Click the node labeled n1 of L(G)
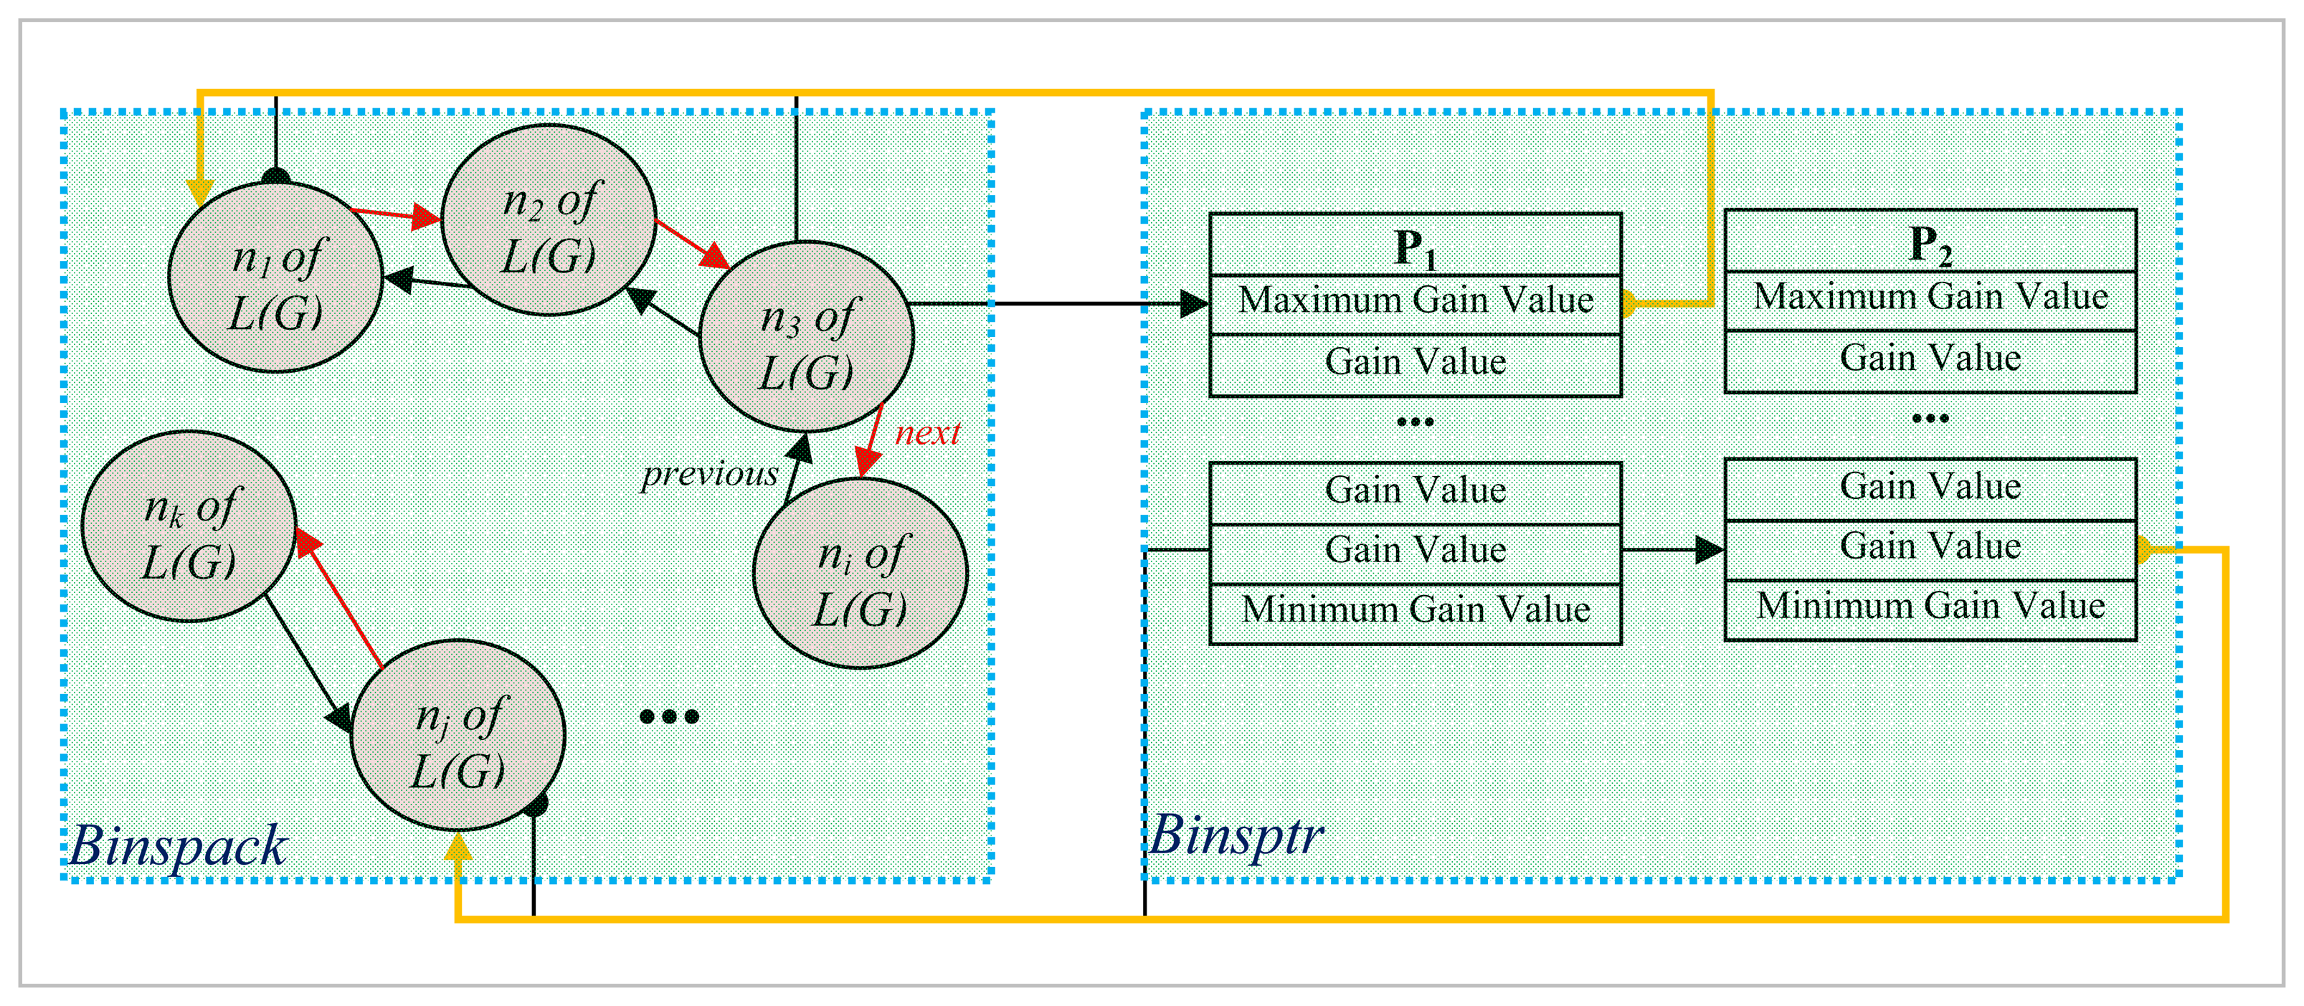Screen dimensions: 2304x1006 [x=275, y=277]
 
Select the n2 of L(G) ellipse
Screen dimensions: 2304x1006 [x=549, y=220]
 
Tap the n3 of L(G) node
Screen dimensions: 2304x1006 [x=806, y=336]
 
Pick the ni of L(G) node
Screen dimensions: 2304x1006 [x=861, y=573]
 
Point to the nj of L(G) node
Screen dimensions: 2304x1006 [x=458, y=735]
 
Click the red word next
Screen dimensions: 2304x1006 [x=927, y=433]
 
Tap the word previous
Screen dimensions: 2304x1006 [x=710, y=474]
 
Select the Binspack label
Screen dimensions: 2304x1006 [x=178, y=845]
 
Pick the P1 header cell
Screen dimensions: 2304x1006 [x=1415, y=244]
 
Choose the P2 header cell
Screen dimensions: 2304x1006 [x=1930, y=240]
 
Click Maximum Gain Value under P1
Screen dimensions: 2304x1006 [x=1415, y=300]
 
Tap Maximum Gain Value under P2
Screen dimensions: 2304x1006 [x=1930, y=297]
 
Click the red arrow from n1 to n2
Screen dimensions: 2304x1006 [x=395, y=214]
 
